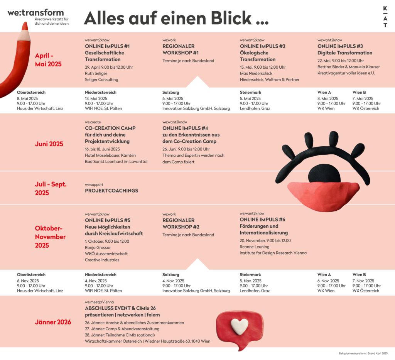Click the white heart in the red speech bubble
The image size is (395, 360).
click(240, 326)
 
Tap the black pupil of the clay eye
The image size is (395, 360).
click(324, 174)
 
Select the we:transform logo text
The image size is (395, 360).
click(35, 12)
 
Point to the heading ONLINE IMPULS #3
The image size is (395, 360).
click(339, 46)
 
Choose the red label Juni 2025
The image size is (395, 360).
click(49, 144)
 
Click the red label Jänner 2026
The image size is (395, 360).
click(53, 322)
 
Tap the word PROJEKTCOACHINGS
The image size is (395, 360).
click(111, 191)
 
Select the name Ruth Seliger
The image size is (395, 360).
click(96, 73)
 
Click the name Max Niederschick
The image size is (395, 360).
click(256, 73)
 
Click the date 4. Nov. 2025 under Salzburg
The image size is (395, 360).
click(173, 281)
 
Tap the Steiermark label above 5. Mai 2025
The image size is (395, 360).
click(250, 93)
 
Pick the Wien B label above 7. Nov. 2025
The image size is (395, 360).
click(359, 275)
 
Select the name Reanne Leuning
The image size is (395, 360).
click(255, 247)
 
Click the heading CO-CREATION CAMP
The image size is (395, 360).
click(110, 128)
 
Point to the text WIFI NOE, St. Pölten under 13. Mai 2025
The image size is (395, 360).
click(103, 108)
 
